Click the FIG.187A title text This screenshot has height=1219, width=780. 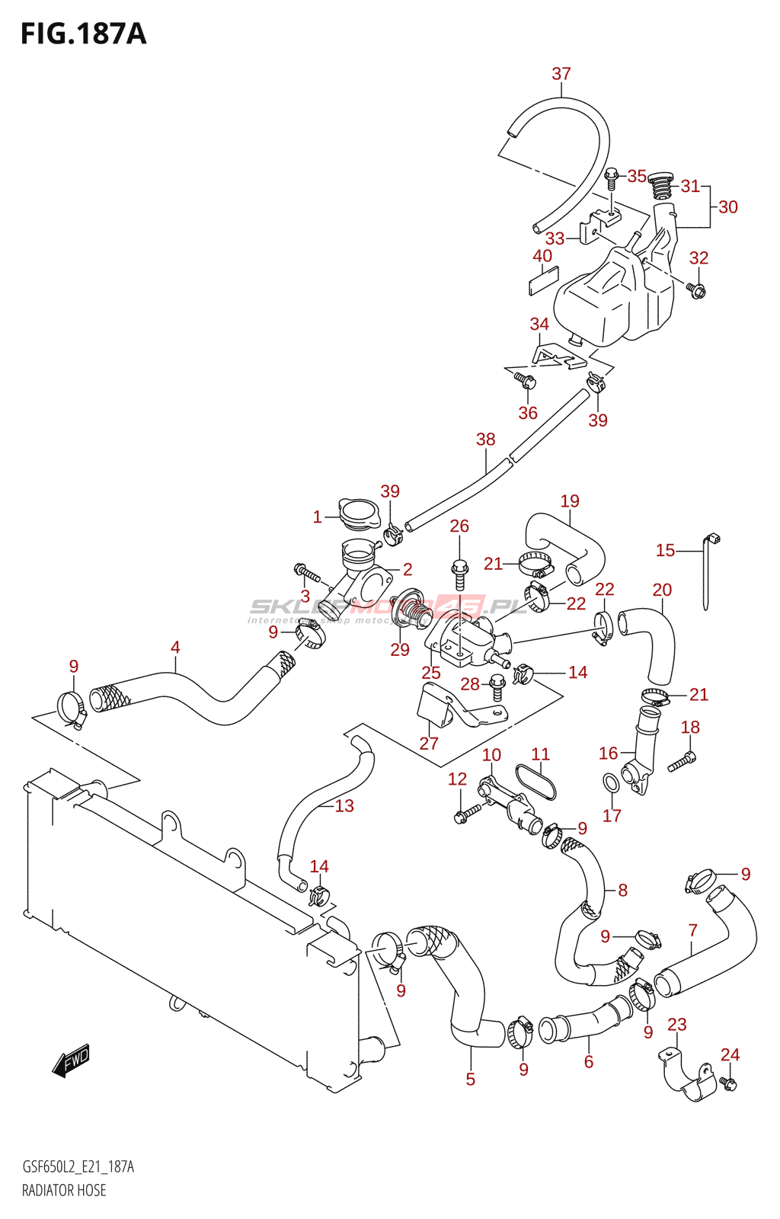click(83, 34)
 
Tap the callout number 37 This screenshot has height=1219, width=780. click(561, 74)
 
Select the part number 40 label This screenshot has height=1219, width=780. click(542, 256)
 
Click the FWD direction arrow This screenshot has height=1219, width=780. click(72, 1061)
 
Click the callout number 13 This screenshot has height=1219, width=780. click(344, 805)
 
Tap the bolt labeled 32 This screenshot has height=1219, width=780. click(696, 290)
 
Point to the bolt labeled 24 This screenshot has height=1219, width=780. click(729, 1083)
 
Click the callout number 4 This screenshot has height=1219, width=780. click(175, 648)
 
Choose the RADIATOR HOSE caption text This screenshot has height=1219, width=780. click(64, 1190)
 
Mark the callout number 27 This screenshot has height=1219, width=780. click(429, 744)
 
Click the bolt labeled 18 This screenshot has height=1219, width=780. click(682, 761)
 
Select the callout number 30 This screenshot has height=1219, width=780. click(728, 206)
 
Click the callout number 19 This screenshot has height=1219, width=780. click(570, 501)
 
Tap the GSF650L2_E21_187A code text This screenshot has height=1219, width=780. click(78, 1167)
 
